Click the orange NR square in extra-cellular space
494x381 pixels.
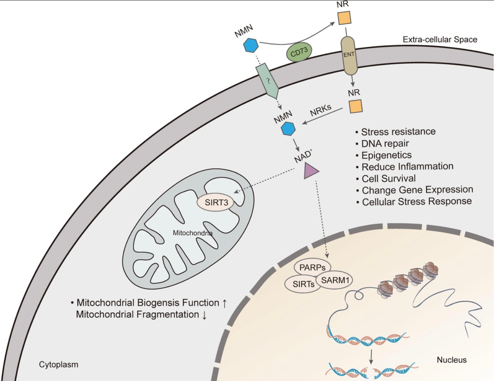click(344, 19)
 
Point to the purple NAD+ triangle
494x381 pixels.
click(311, 171)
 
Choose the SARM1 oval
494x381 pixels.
click(335, 280)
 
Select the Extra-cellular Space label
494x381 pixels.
click(440, 39)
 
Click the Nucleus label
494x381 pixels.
click(451, 360)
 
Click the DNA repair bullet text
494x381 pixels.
click(385, 144)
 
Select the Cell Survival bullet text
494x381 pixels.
click(388, 178)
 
